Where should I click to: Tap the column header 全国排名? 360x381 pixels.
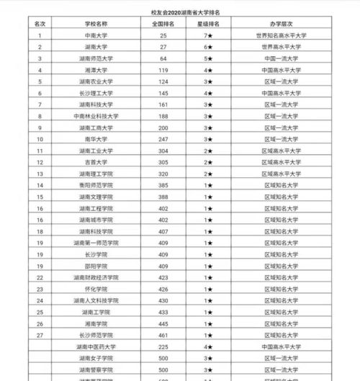click(x=162, y=23)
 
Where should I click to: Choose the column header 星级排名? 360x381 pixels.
click(x=207, y=23)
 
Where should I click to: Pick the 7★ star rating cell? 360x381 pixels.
click(x=207, y=35)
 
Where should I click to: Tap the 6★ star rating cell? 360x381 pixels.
click(x=207, y=46)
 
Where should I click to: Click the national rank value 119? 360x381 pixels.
click(x=162, y=70)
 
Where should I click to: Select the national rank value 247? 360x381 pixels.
click(x=162, y=139)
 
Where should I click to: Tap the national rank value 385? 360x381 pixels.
click(x=162, y=197)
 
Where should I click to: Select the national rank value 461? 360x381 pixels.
click(x=162, y=335)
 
